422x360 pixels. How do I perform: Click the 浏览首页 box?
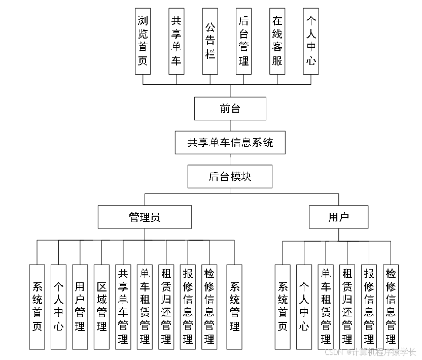[143, 41]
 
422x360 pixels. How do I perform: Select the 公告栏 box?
[210, 41]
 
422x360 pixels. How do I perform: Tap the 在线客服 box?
[277, 41]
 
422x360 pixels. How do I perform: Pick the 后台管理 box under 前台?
[243, 41]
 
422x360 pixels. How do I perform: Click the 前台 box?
[230, 109]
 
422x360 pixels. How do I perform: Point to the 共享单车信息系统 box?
[230, 143]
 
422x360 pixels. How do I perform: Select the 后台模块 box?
[230, 177]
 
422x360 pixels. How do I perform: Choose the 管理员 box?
[145, 217]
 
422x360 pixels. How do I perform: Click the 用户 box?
[339, 217]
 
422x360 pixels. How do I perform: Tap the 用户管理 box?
[80, 307]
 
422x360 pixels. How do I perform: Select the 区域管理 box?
[101, 307]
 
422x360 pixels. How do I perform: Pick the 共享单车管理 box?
[123, 307]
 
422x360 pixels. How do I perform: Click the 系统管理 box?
[234, 307]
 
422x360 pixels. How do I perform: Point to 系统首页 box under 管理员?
[37, 307]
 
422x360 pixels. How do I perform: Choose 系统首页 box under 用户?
[283, 307]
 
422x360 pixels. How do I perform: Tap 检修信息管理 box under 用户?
[391, 307]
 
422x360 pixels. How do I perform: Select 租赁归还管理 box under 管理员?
[166, 307]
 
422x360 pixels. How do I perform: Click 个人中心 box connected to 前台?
[311, 41]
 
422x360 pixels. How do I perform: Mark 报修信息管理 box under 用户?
[369, 307]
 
